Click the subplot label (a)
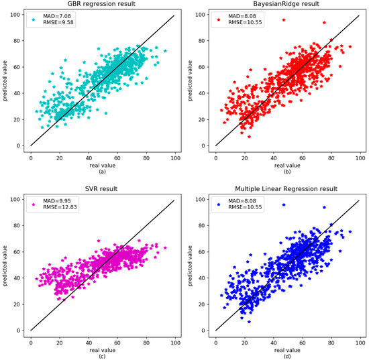[x=102, y=170]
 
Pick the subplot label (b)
[x=288, y=170]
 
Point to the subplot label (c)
[x=102, y=355]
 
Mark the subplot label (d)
[x=288, y=355]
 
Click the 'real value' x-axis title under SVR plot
[x=102, y=347]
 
